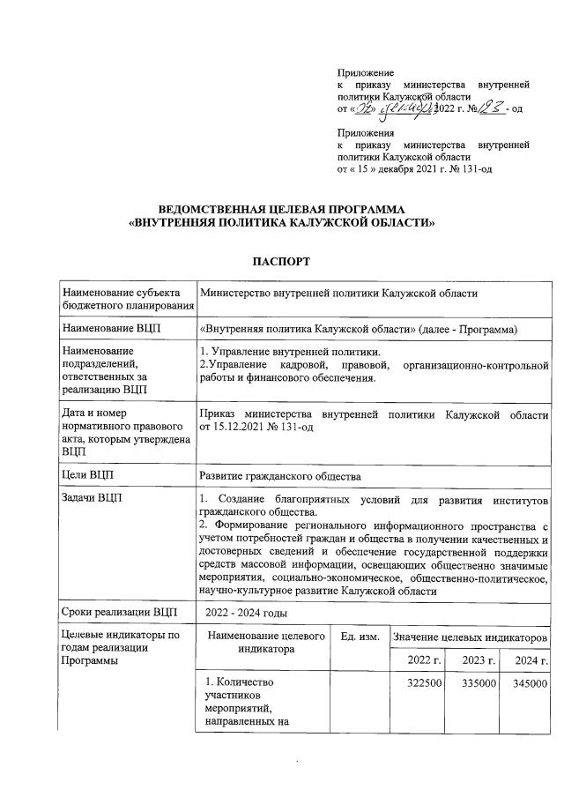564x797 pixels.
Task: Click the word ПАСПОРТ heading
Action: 281,262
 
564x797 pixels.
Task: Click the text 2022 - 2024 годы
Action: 246,612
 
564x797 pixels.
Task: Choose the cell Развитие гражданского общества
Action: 280,475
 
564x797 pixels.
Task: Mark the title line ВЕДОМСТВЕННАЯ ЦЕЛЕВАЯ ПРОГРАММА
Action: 281,209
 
